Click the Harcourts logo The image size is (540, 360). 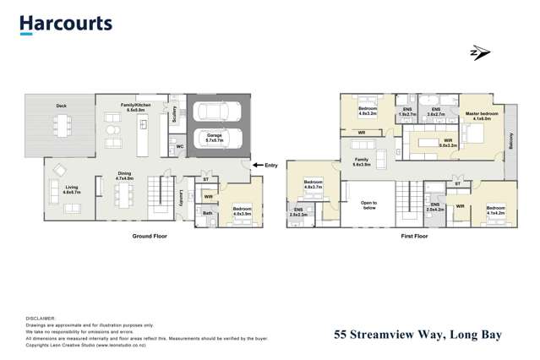[65, 24]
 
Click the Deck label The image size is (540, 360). [61, 106]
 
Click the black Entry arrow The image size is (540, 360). [257, 166]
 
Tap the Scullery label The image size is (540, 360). [174, 114]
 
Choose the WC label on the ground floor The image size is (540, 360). [180, 147]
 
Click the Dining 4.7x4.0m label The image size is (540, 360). [124, 177]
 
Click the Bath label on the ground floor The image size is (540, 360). [208, 213]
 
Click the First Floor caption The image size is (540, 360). [414, 237]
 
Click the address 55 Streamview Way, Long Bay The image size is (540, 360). [417, 335]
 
